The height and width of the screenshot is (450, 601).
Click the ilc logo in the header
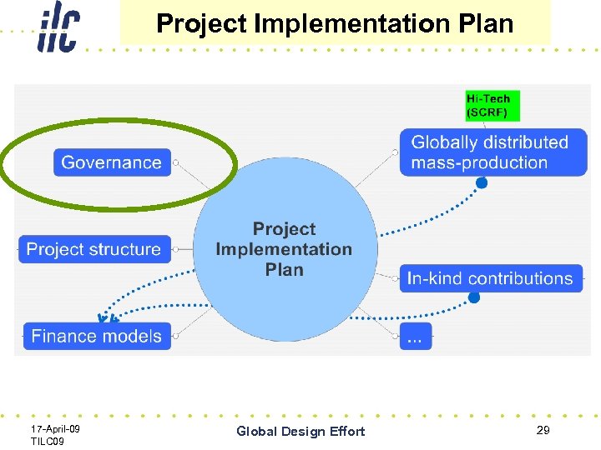click(58, 27)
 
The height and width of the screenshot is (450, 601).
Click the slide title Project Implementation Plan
click(335, 23)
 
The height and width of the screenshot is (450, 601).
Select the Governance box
click(113, 162)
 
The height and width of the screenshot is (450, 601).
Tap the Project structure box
click(94, 249)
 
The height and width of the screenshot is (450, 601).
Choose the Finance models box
click(97, 336)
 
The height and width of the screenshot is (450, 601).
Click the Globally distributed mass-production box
click(489, 152)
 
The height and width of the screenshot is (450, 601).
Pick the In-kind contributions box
click(490, 278)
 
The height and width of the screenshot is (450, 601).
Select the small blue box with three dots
click(416, 337)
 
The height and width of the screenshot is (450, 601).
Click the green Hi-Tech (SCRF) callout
click(492, 106)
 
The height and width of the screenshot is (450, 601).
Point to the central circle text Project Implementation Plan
click(284, 249)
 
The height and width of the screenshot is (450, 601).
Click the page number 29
click(543, 430)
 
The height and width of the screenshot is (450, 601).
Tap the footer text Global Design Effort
click(300, 431)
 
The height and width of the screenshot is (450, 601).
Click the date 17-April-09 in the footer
click(55, 428)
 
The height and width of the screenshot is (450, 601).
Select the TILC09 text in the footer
click(48, 441)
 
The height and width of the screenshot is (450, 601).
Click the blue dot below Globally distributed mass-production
click(482, 182)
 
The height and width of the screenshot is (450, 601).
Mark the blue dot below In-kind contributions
click(474, 297)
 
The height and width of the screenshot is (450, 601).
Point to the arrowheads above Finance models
click(107, 317)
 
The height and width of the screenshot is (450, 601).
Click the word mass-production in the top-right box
click(478, 163)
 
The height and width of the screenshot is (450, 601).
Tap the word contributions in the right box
click(521, 278)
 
